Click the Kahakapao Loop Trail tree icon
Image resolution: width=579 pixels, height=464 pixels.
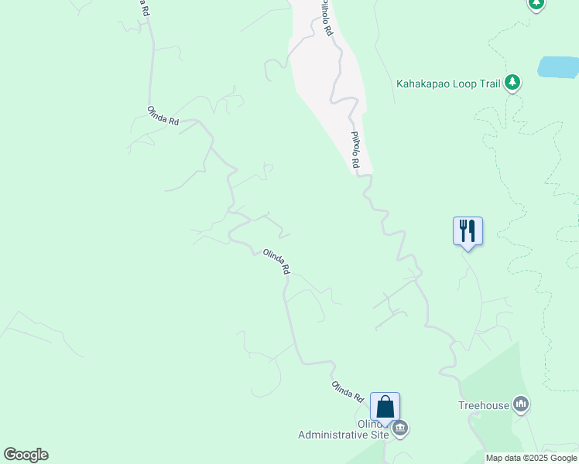tap(512, 82)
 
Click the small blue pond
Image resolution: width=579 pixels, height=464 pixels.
tap(558, 67)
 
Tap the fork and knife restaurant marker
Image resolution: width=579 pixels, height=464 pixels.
tap(468, 231)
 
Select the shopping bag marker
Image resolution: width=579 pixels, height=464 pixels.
tap(385, 407)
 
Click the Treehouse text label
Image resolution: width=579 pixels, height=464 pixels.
tap(484, 405)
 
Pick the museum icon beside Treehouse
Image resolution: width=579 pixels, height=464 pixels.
tap(521, 404)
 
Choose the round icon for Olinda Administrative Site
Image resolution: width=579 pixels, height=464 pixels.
tap(400, 428)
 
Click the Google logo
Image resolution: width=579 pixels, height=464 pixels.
tap(26, 455)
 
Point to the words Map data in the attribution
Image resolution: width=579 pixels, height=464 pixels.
tap(504, 458)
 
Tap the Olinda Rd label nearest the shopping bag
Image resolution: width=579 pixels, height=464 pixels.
tap(348, 391)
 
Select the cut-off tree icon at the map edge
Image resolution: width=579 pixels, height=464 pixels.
tap(536, 4)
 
